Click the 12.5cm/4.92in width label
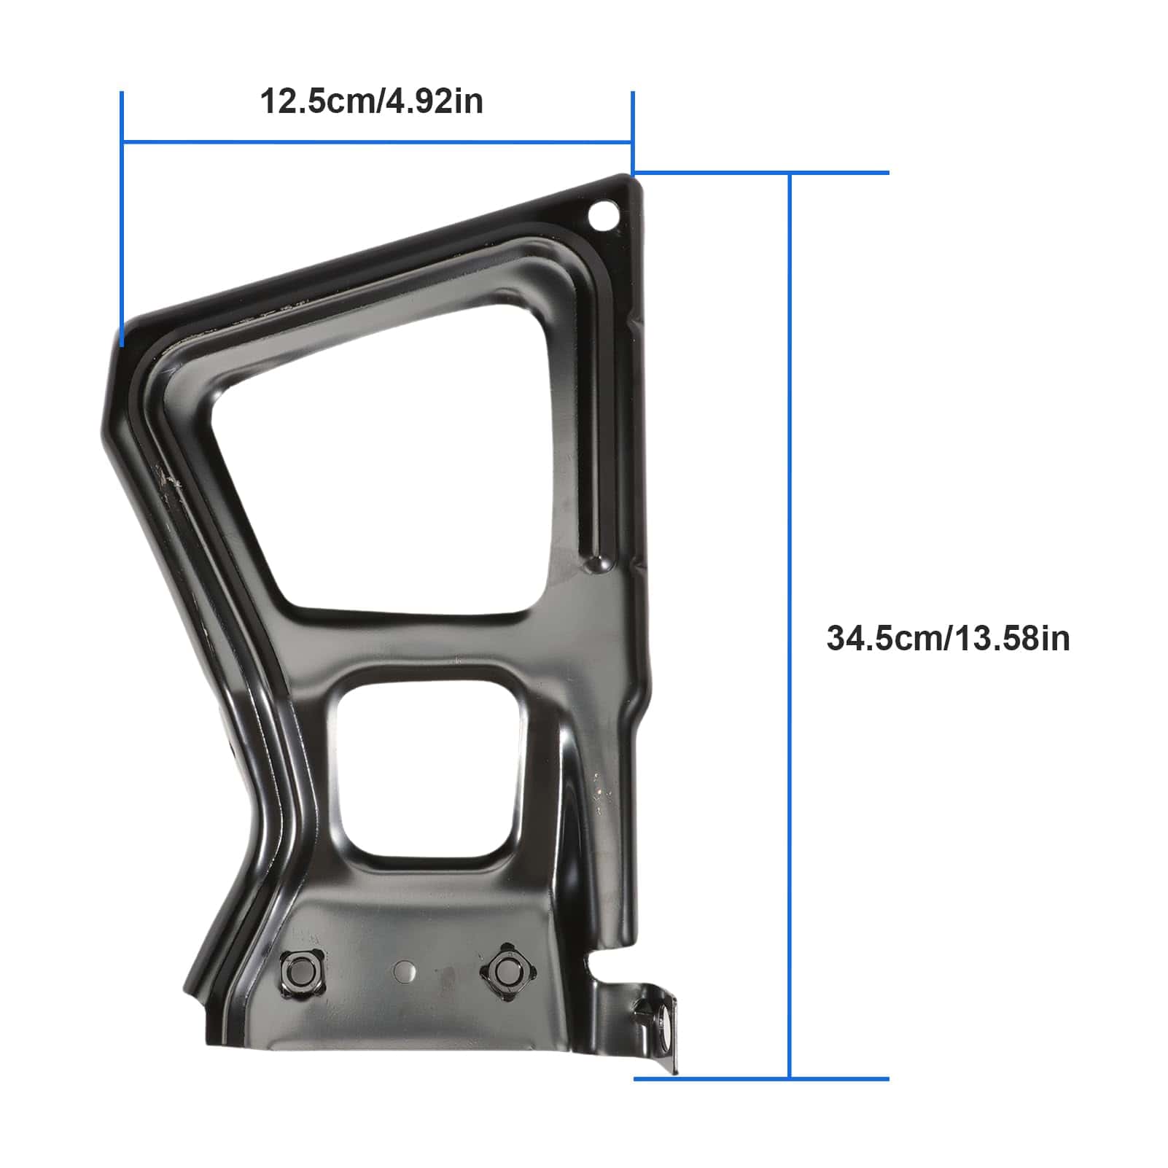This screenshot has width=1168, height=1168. click(x=371, y=101)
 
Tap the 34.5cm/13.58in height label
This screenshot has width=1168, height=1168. click(x=948, y=638)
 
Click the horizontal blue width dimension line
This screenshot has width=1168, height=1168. click(x=376, y=141)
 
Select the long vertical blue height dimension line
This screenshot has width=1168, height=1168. click(x=789, y=627)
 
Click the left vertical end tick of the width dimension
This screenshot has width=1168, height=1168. click(x=122, y=219)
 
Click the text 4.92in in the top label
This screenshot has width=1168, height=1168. click(x=435, y=101)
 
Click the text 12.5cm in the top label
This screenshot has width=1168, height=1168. click(x=317, y=101)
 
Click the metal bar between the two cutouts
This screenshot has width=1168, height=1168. click(x=430, y=642)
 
